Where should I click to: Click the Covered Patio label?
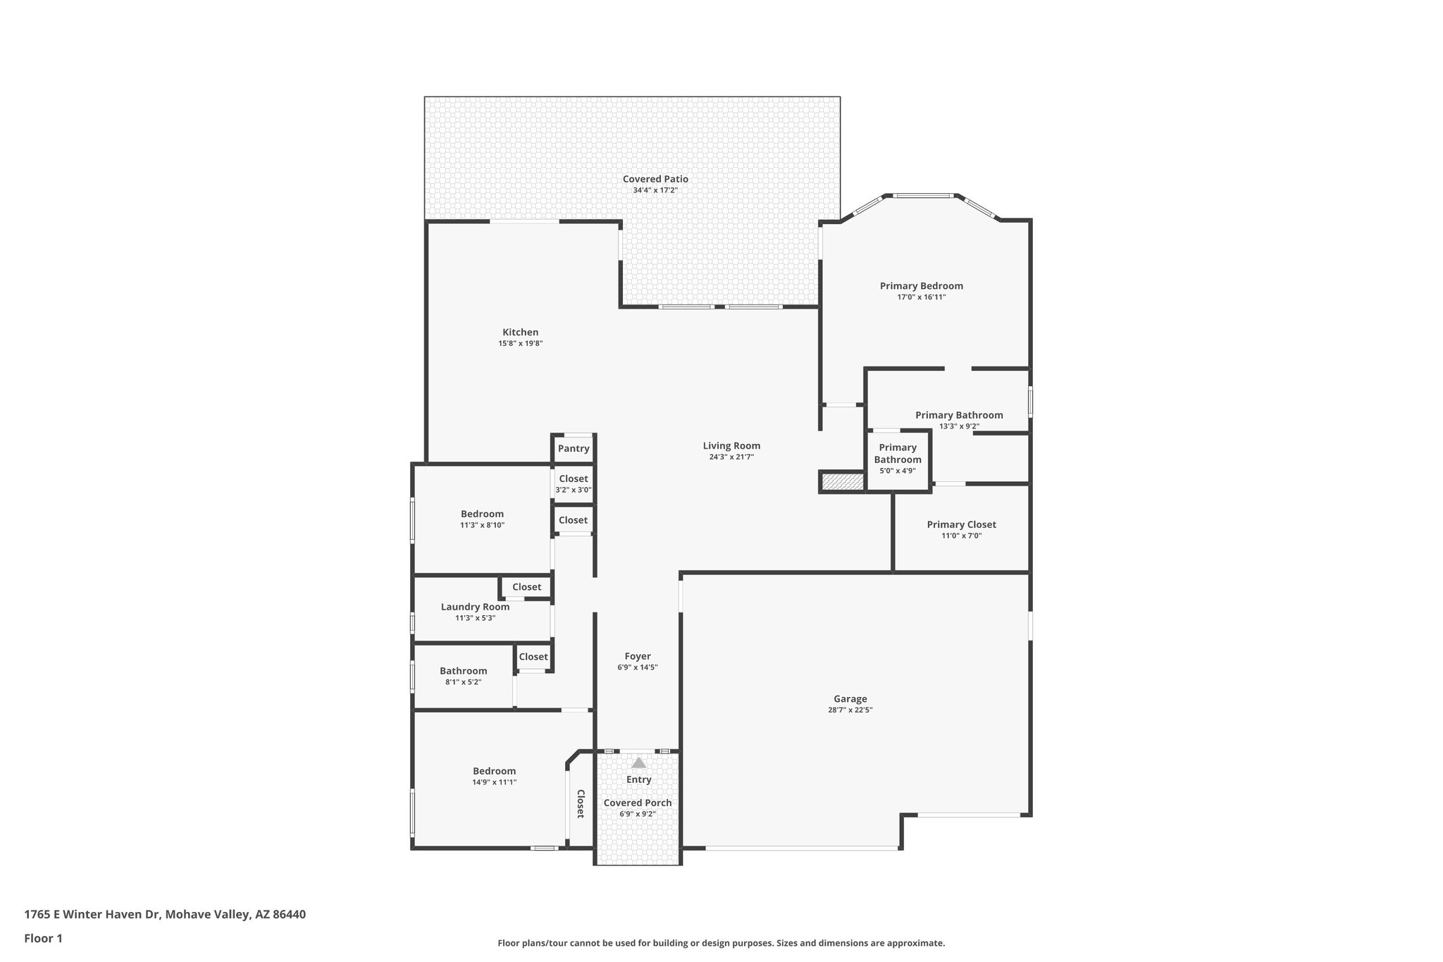655,179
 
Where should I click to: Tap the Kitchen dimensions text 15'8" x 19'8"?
520,344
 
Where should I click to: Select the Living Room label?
731,445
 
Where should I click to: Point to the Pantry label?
574,449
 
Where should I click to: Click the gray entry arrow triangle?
638,763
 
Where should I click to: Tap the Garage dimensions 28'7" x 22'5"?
850,710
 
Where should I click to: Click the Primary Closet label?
961,524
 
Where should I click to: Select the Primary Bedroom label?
921,285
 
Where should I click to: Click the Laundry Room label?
475,607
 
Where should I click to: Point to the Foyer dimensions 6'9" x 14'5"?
637,667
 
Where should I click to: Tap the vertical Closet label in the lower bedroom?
581,803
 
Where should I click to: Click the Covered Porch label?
637,803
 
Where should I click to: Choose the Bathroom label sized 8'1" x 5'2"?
463,671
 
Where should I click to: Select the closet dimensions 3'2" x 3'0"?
573,490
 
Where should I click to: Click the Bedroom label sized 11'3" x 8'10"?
482,514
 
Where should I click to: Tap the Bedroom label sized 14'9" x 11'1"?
494,771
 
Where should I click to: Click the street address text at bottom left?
165,914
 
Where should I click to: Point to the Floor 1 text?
43,938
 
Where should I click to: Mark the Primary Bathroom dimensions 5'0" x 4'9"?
897,471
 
